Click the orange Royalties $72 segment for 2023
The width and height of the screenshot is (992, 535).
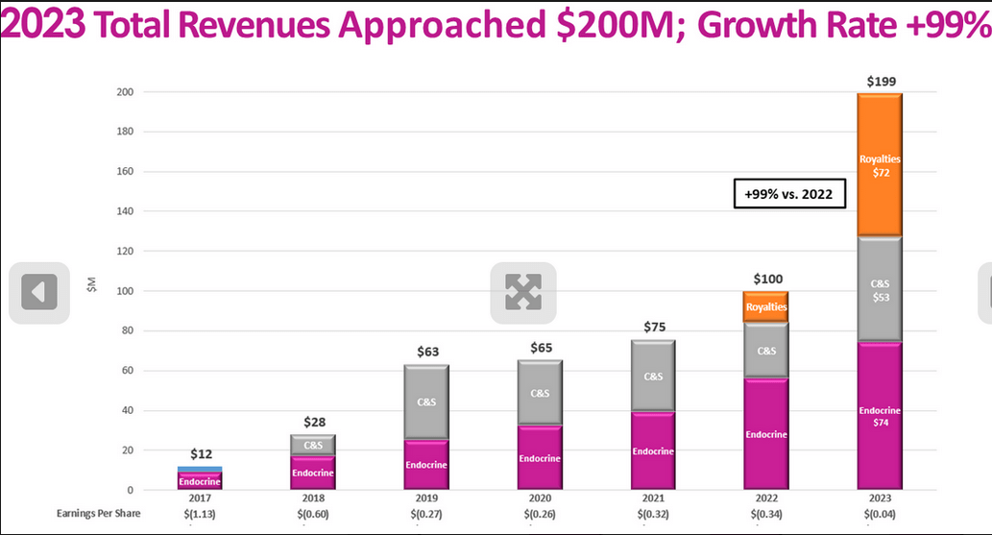tap(880, 164)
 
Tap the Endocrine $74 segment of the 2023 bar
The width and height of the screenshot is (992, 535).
tap(880, 415)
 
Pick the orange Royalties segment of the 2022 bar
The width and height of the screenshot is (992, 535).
tap(766, 306)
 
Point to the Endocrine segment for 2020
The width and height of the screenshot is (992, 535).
tap(540, 457)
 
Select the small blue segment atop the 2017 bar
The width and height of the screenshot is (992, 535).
tap(200, 469)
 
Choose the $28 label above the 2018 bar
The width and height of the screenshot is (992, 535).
tap(314, 423)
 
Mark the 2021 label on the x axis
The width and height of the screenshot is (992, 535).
tap(653, 499)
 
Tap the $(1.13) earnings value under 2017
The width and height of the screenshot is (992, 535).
tap(200, 513)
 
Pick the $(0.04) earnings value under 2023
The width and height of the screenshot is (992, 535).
tap(880, 513)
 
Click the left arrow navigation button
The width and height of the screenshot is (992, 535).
tap(39, 292)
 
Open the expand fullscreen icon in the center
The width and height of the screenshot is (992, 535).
tap(523, 292)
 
